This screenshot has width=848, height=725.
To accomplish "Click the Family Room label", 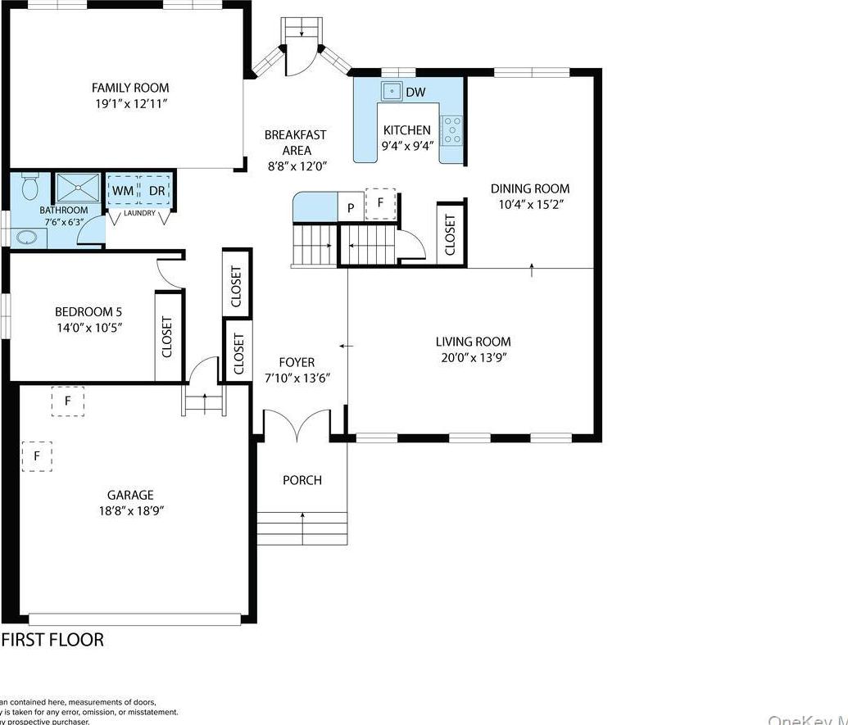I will [130, 88].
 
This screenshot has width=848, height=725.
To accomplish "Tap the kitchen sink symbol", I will [392, 91].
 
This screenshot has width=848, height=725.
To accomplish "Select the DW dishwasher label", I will [415, 92].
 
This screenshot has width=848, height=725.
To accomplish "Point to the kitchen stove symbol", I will [451, 130].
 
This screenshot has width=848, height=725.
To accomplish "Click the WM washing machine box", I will [122, 191].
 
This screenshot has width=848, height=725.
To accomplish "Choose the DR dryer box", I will [156, 191].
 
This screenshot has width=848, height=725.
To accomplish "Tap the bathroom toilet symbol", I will [30, 188].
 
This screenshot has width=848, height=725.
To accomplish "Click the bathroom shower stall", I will [78, 188].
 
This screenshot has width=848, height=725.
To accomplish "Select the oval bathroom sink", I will [25, 238].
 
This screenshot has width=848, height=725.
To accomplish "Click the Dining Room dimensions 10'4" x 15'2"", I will [529, 204].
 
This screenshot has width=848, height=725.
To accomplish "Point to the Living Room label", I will [473, 342].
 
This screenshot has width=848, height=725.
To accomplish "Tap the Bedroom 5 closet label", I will [168, 337].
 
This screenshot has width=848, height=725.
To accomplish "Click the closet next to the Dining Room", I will [451, 234].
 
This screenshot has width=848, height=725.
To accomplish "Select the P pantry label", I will [351, 208].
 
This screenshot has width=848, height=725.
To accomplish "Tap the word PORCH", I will [302, 480].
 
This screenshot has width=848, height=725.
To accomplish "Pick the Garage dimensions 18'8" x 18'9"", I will [130, 510].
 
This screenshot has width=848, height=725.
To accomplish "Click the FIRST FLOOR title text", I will [53, 640].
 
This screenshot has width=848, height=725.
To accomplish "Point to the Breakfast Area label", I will [296, 150].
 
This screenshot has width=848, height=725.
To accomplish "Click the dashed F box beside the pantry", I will [380, 203].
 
